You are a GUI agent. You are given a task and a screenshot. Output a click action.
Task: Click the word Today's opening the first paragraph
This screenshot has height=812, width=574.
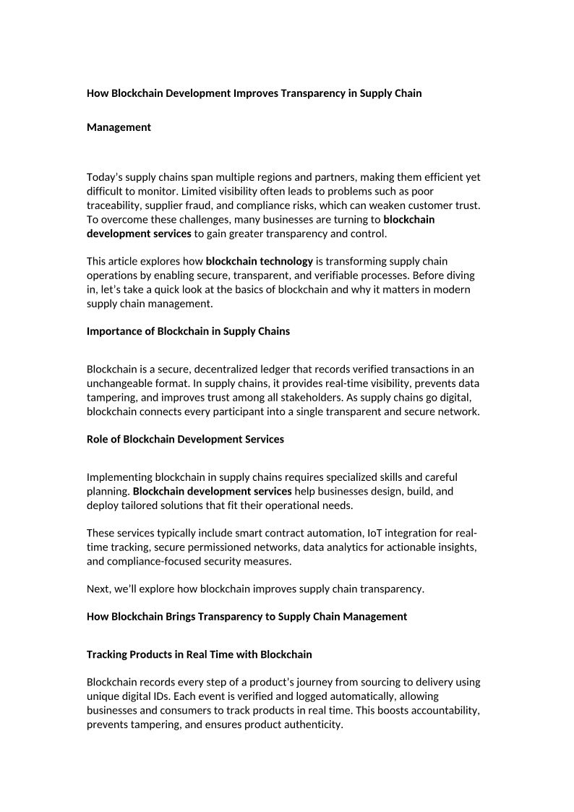pyautogui.click(x=106, y=177)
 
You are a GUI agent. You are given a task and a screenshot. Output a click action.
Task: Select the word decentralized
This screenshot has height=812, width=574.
pyautogui.click(x=214, y=369)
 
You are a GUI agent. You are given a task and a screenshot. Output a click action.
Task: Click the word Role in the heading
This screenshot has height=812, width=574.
pyautogui.click(x=98, y=439)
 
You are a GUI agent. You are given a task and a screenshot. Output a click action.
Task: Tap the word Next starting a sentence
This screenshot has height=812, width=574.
pyautogui.click(x=98, y=589)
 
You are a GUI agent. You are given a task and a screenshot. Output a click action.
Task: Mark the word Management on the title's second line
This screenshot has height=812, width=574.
pyautogui.click(x=119, y=127)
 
